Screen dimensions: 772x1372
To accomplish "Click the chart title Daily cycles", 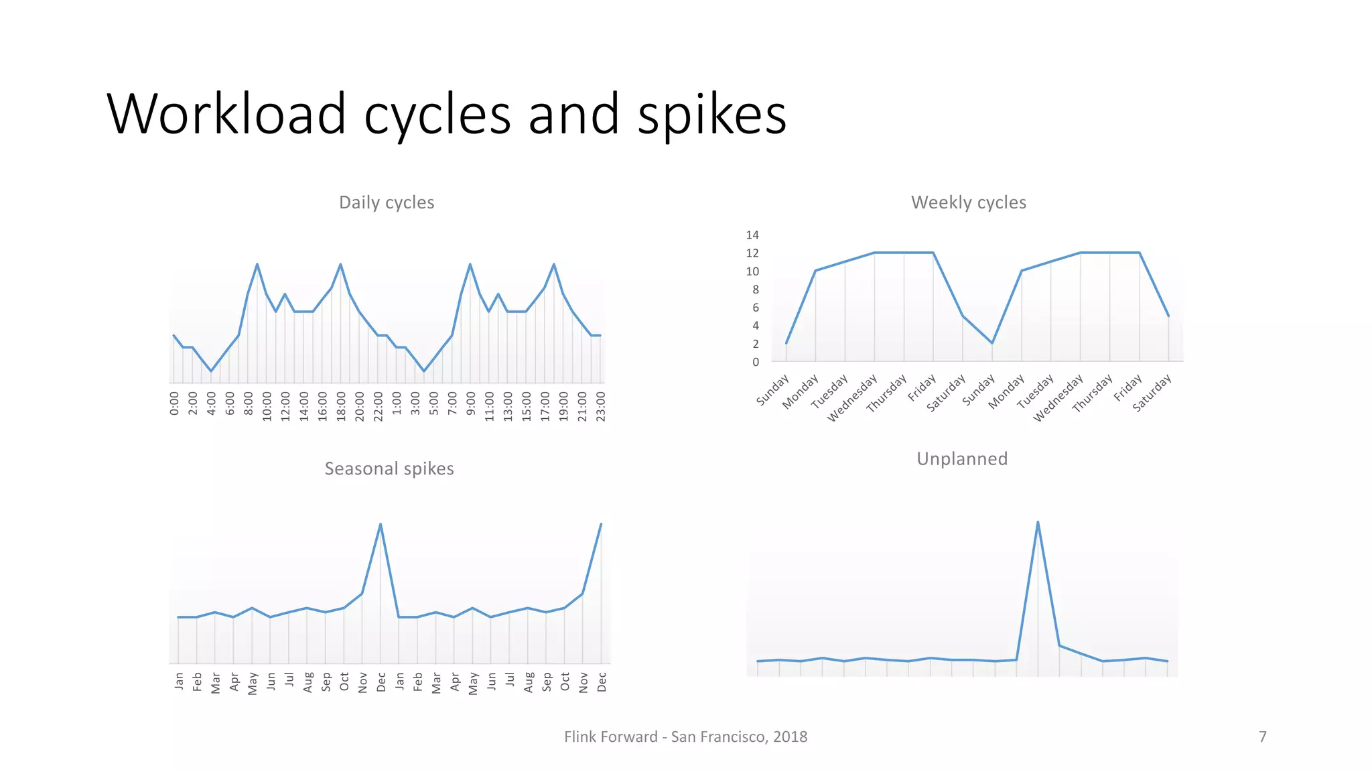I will click(x=387, y=202).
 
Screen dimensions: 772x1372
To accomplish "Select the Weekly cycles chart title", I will click(x=968, y=202).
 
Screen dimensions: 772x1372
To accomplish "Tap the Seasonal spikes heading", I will click(x=389, y=468).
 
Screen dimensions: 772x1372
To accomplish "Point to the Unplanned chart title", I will click(x=961, y=459).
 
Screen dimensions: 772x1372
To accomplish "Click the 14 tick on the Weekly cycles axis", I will click(x=752, y=235).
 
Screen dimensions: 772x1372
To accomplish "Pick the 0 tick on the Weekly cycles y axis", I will click(x=756, y=362).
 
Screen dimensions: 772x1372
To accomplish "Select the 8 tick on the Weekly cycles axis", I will click(x=756, y=289).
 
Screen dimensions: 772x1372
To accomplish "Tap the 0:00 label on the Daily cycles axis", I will click(x=174, y=404).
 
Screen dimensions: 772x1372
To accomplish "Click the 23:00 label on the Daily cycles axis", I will click(x=601, y=407).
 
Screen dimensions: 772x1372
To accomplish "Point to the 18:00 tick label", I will click(x=341, y=407).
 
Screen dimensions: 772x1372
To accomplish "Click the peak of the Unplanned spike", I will click(x=1038, y=522).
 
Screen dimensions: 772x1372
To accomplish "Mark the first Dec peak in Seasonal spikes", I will click(x=381, y=524).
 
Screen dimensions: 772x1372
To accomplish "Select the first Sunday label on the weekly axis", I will click(x=773, y=391).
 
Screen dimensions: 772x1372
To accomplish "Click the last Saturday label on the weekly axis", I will click(x=1152, y=393).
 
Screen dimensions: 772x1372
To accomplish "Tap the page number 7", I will click(x=1262, y=737).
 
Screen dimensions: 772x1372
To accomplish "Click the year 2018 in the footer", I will click(x=790, y=737).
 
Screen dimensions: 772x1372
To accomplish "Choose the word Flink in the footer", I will click(x=577, y=737).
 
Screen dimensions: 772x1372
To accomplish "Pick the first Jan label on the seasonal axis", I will click(x=179, y=681).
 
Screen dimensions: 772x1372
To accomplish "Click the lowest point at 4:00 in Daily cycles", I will click(x=211, y=371).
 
